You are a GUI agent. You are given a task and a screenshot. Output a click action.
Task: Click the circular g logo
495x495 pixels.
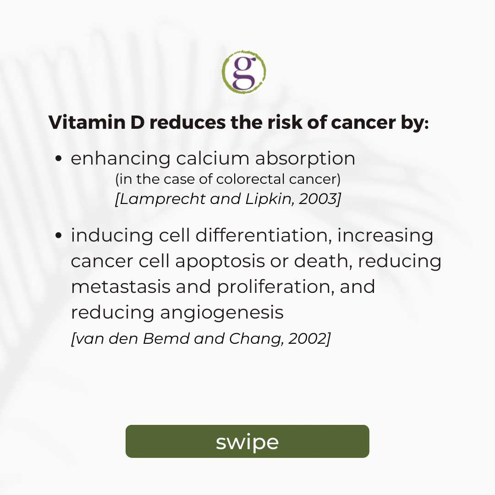pos(244,72)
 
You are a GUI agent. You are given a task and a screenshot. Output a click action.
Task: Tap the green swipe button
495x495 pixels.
pos(247,441)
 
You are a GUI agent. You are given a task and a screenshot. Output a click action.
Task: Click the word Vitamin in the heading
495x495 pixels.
pos(87,122)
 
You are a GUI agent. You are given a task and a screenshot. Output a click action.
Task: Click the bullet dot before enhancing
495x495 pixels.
pos(58,158)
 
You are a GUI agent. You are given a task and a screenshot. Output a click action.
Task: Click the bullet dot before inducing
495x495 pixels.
pos(58,236)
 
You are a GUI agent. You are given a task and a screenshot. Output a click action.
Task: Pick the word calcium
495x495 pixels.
pos(213,158)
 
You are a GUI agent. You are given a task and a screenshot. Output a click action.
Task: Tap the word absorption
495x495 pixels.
pos(305,159)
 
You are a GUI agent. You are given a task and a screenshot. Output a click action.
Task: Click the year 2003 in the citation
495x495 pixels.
pos(317,199)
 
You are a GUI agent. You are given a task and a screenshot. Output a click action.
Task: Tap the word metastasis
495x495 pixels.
pos(121,287)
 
